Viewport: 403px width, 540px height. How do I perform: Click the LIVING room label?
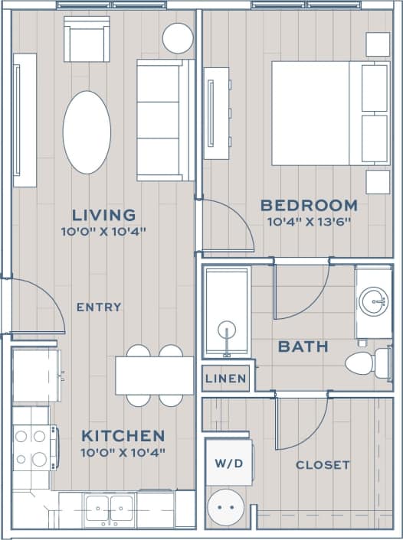pyautogui.click(x=103, y=215)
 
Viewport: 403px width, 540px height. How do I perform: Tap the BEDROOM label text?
pyautogui.click(x=309, y=205)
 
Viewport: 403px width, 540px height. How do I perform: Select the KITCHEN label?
pyautogui.click(x=123, y=436)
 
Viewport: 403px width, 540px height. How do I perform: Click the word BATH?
pyautogui.click(x=303, y=346)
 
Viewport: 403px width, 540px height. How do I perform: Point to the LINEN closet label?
pyautogui.click(x=226, y=379)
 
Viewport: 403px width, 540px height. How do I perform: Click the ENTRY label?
pyautogui.click(x=99, y=307)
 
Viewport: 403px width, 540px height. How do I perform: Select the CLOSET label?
pyautogui.click(x=323, y=464)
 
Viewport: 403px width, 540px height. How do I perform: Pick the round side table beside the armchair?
pyautogui.click(x=178, y=37)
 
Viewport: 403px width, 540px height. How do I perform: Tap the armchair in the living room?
pyautogui.click(x=87, y=39)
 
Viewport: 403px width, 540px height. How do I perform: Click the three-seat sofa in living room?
pyautogui.click(x=165, y=120)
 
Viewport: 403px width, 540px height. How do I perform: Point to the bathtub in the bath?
pyautogui.click(x=227, y=311)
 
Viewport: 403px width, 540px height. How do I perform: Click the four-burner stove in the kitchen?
pyautogui.click(x=32, y=447)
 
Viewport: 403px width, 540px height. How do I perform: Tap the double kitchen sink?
pyautogui.click(x=110, y=508)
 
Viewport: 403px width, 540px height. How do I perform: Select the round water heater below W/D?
pyautogui.click(x=227, y=506)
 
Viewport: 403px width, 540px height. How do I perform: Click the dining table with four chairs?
pyautogui.click(x=155, y=376)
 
